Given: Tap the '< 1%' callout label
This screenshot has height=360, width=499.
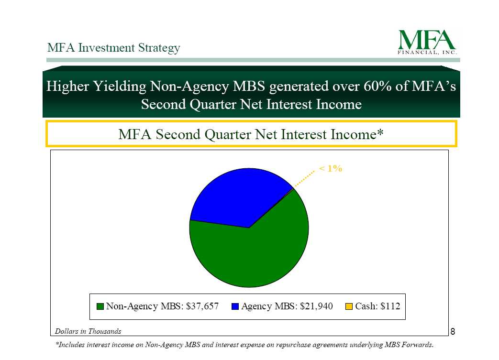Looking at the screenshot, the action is coord(331,168).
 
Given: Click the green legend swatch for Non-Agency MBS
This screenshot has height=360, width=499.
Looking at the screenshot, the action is coord(100,306).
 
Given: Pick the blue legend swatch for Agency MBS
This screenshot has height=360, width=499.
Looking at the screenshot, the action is coord(235,306).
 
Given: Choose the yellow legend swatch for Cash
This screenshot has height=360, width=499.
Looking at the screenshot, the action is coord(349,306).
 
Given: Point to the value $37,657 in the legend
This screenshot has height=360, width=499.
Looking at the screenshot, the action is coord(202,306).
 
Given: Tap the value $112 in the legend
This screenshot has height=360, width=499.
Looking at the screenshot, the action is coord(390,306).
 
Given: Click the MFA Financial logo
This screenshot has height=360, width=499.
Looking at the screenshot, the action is coord(427,42).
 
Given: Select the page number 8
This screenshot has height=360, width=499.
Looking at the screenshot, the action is coord(453,332).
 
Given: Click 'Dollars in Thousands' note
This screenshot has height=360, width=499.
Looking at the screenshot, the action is coord(88,331).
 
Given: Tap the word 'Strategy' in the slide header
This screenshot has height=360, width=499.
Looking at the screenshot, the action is coord(159,48).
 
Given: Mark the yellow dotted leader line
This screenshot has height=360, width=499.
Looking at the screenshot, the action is coord(304,179).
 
